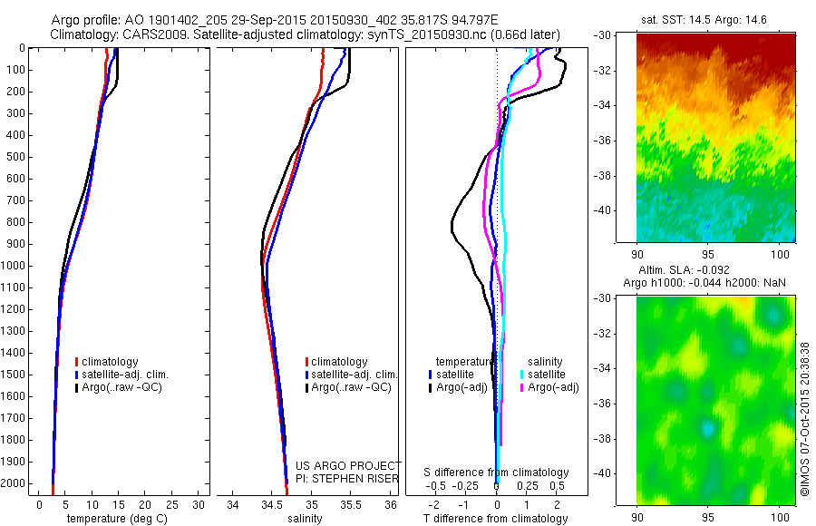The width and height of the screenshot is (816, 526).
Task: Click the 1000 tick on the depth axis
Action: coord(15,266)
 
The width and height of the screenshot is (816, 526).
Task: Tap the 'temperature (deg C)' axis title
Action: coord(113,519)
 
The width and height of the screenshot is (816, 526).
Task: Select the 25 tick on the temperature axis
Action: coord(172,504)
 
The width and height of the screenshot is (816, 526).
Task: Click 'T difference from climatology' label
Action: coord(497,519)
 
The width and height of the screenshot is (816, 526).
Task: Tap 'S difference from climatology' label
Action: coord(497,472)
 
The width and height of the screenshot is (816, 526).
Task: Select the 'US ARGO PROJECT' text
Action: coord(336,465)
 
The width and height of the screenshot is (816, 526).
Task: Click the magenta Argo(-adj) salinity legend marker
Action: coord(522,388)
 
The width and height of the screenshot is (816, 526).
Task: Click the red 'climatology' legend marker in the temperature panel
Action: coord(77,362)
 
